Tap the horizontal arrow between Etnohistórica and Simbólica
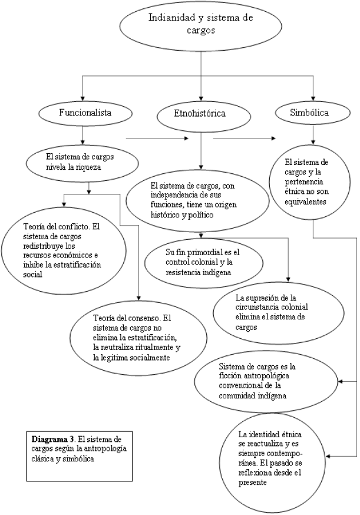coord(245,139)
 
